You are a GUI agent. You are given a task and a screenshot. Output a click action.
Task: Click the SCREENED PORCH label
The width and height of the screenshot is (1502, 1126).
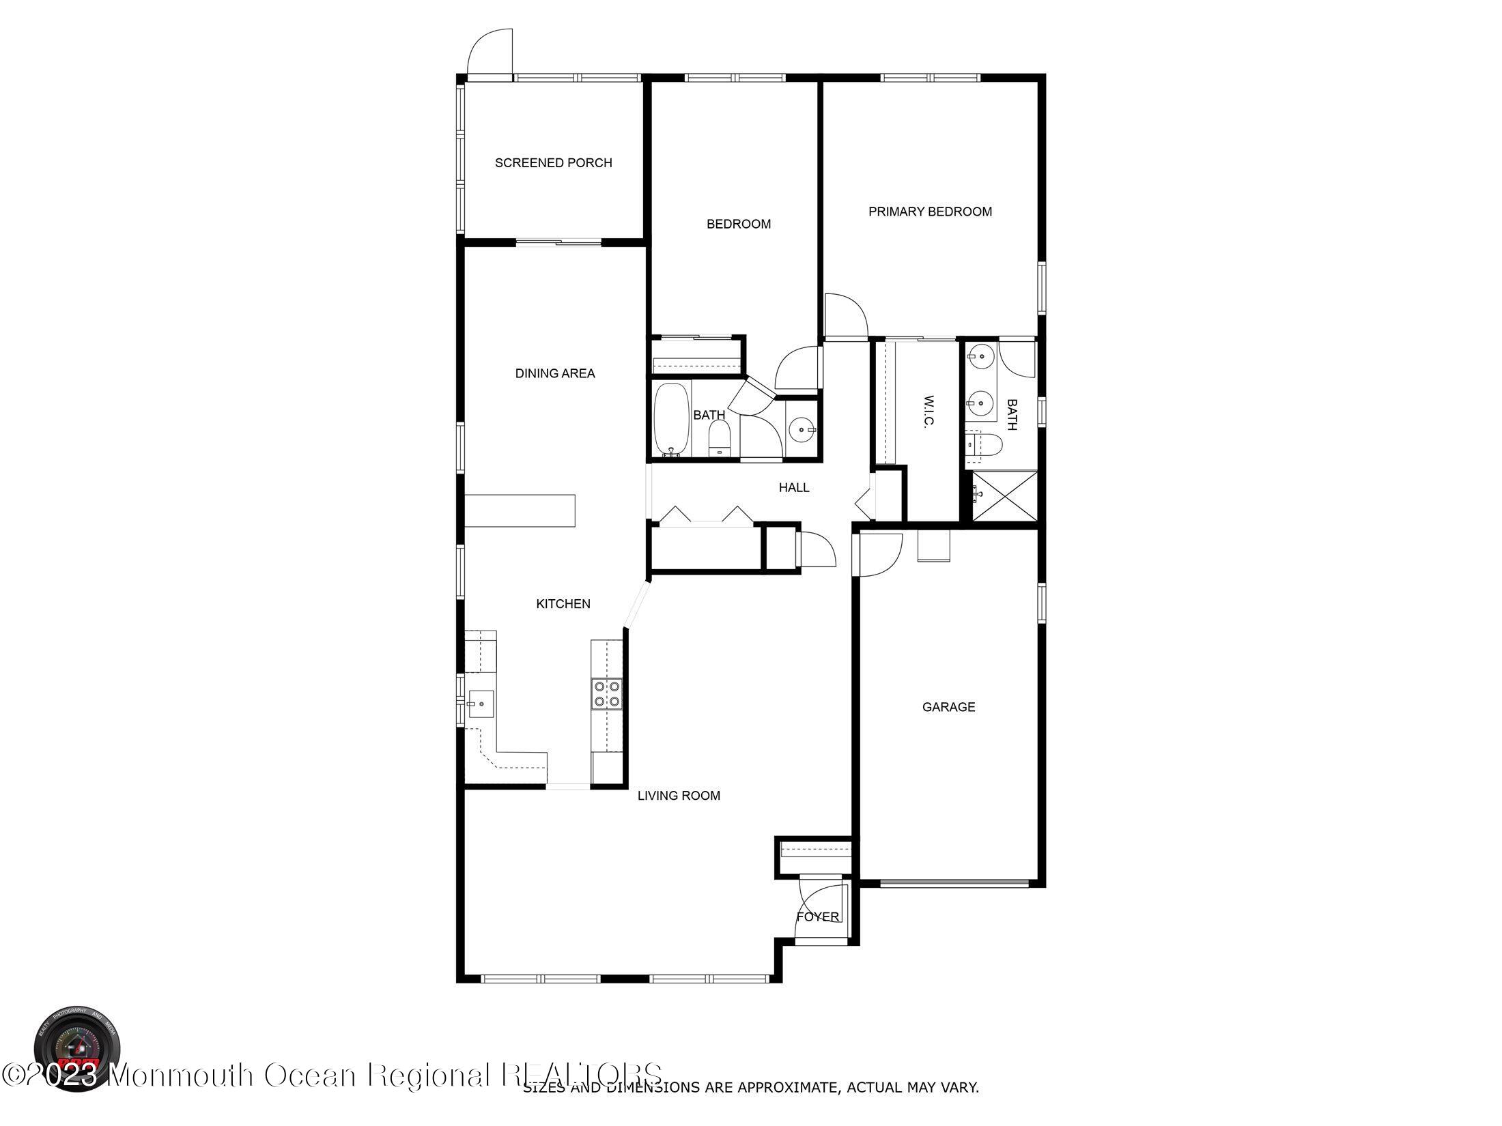pyautogui.click(x=553, y=163)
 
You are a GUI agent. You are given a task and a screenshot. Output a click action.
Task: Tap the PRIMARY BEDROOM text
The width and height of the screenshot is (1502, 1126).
pyautogui.click(x=930, y=212)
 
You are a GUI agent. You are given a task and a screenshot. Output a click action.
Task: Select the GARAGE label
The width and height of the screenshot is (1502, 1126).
pyautogui.click(x=948, y=707)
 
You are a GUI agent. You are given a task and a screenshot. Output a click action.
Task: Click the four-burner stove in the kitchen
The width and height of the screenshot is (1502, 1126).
pyautogui.click(x=606, y=693)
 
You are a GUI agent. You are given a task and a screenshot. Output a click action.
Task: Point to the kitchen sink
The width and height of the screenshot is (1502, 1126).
pyautogui.click(x=481, y=702)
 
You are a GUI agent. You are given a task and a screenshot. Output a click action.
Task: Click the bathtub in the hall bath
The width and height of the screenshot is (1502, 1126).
pyautogui.click(x=672, y=419)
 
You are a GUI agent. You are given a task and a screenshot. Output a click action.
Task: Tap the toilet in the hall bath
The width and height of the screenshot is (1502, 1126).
pyautogui.click(x=719, y=438)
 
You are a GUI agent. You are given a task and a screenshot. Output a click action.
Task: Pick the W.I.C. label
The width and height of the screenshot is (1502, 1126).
pyautogui.click(x=928, y=411)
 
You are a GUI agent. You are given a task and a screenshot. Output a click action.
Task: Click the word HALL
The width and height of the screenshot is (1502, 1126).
pyautogui.click(x=794, y=488)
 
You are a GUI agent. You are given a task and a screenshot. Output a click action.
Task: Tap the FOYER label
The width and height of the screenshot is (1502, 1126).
pyautogui.click(x=817, y=917)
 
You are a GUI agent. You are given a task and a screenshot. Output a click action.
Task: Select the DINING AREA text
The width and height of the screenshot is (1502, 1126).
pyautogui.click(x=554, y=374)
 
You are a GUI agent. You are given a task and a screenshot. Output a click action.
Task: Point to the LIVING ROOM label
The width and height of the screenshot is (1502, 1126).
pyautogui.click(x=679, y=796)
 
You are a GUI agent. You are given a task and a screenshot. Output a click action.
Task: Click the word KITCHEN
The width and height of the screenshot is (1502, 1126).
pyautogui.click(x=563, y=604)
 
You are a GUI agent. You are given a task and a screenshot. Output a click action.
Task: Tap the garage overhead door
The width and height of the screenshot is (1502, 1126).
pyautogui.click(x=954, y=883)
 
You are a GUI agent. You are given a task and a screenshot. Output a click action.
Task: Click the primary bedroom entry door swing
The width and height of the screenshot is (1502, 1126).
pyautogui.click(x=845, y=317)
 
